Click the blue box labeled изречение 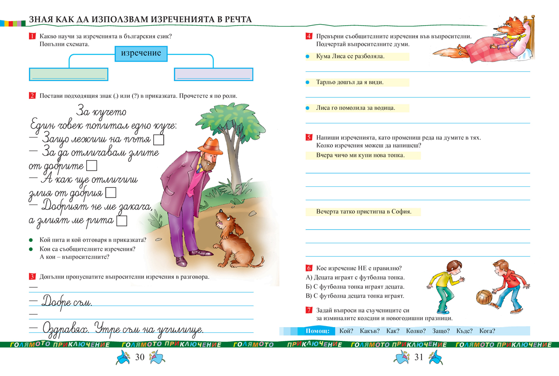[x=141, y=53]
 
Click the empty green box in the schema [x=68, y=74]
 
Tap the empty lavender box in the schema [x=213, y=74]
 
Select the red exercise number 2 [x=32, y=96]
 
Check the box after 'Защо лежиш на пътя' [x=158, y=139]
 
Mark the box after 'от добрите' [x=92, y=165]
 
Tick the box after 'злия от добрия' [x=111, y=192]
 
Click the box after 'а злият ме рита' [x=122, y=220]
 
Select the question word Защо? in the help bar [x=441, y=331]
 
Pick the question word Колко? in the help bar [x=416, y=331]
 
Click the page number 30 [x=140, y=357]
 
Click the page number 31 [x=418, y=357]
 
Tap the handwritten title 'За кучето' [x=101, y=112]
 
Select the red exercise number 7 [x=308, y=310]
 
